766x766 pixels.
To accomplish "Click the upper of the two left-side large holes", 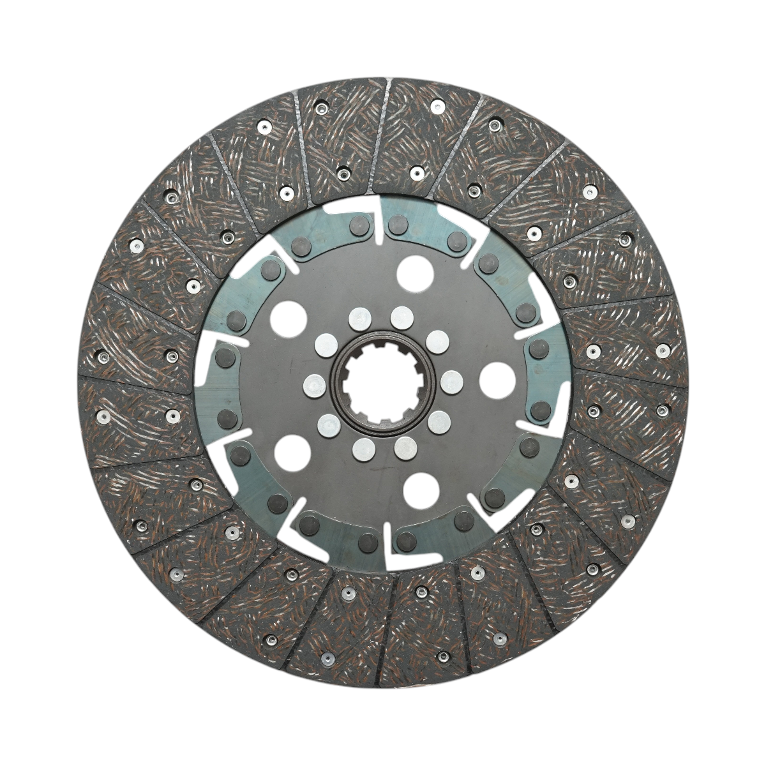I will [287, 317].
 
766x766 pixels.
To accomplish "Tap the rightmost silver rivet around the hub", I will [451, 382].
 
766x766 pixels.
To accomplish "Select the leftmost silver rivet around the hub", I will [313, 385].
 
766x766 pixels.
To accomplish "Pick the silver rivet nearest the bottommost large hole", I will [405, 449].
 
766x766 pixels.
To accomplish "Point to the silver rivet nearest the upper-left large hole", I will [325, 345].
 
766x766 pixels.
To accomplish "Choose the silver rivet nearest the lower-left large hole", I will [328, 424].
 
